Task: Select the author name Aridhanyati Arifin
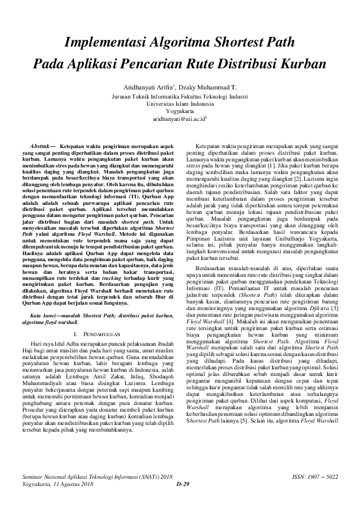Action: coord(149,87)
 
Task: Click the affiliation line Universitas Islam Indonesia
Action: coord(180,104)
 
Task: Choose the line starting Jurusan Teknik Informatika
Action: coord(180,96)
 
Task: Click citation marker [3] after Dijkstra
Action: coord(327,309)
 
